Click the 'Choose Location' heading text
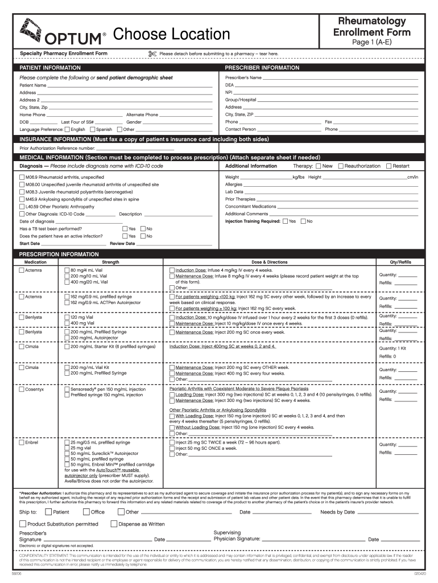[x=171, y=35]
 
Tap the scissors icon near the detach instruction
[x=152, y=54]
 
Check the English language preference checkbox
[x=67, y=129]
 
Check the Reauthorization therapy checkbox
[x=341, y=166]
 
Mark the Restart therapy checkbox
[x=389, y=166]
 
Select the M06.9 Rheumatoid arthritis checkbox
[x=22, y=177]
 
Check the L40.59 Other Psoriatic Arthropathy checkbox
[x=22, y=207]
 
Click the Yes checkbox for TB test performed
[x=124, y=229]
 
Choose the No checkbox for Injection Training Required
[x=303, y=221]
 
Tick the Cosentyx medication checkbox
[x=22, y=389]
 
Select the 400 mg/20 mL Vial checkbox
[x=67, y=282]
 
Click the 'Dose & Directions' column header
[x=270, y=262]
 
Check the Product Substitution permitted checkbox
[x=23, y=524]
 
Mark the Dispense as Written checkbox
[x=114, y=524]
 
